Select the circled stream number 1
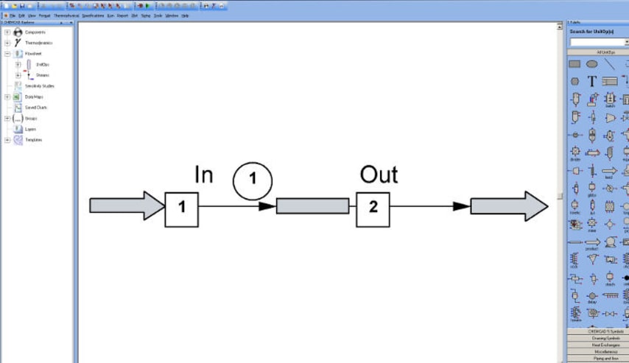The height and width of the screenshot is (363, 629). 253,181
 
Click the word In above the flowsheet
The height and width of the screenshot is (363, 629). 204,175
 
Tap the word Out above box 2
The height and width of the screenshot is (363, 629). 379,175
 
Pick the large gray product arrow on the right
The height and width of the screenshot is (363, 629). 509,206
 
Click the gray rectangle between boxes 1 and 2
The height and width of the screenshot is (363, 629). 312,206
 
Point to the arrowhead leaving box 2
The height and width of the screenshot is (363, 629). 461,206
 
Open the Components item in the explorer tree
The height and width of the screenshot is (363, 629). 35,32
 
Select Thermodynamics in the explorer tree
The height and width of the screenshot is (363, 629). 38,43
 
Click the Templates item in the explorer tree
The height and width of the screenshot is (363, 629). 33,140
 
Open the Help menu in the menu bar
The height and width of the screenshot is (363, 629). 185,15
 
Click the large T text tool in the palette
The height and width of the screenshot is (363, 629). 591,81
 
